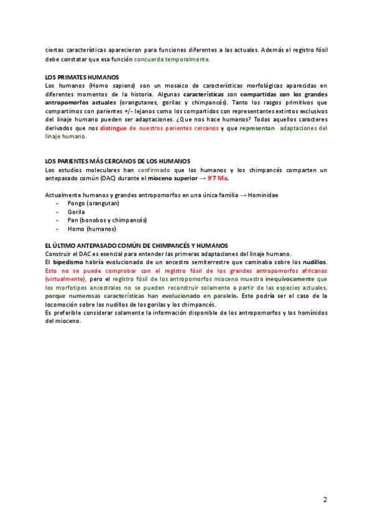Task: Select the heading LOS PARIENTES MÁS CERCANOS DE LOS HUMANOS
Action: point(117,161)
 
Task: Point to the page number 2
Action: point(325,500)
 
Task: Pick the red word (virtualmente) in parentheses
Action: point(68,279)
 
